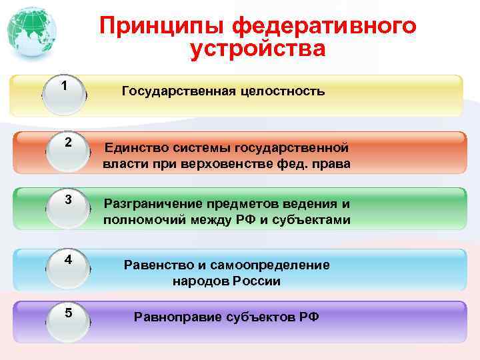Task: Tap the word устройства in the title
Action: pos(257,49)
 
